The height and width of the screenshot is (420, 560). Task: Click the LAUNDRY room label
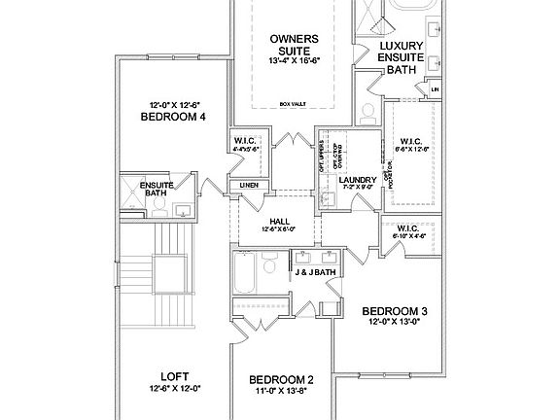[x=357, y=180]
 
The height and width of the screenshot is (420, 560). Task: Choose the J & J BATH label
[x=315, y=273]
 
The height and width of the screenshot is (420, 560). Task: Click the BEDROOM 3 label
[x=395, y=311]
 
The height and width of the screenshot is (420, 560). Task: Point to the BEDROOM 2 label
[x=281, y=379]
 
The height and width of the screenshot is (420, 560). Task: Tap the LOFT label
[x=174, y=376]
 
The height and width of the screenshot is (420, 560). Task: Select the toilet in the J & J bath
[x=272, y=262]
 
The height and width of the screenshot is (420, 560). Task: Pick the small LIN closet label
[x=434, y=90]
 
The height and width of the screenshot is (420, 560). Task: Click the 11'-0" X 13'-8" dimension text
[x=281, y=392]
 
